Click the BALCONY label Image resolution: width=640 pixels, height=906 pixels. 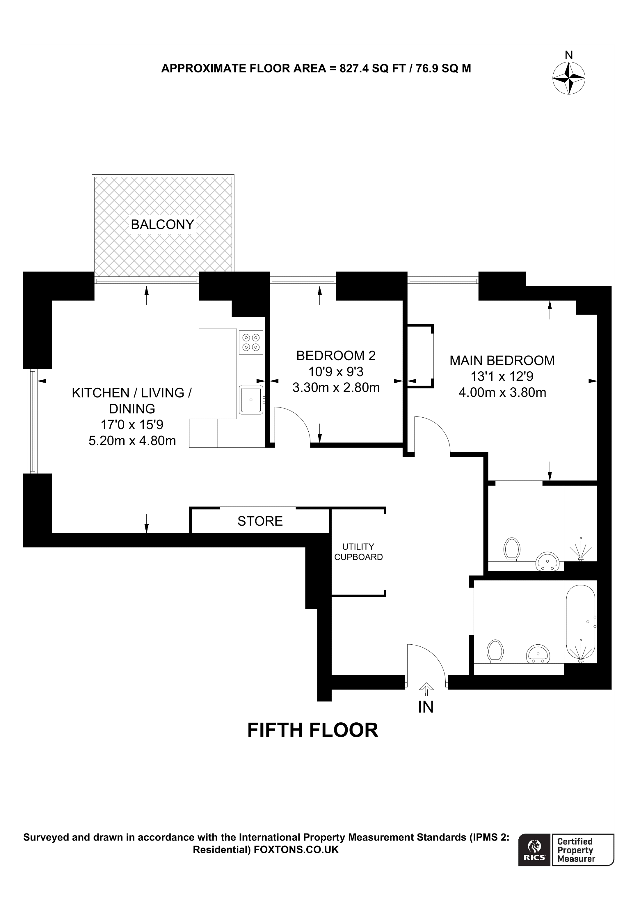tap(162, 224)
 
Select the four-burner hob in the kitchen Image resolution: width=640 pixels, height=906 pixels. tap(251, 342)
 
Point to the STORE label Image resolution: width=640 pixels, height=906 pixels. tap(260, 521)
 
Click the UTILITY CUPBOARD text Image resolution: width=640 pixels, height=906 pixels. tap(358, 552)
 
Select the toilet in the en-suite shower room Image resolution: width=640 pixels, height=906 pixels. tap(512, 549)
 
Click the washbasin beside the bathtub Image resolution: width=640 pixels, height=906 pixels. tap(538, 654)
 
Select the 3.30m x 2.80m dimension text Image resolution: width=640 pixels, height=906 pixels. tap(336, 387)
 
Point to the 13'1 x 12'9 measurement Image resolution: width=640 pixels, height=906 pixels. tap(502, 376)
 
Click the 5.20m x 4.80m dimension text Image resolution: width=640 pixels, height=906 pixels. tap(132, 440)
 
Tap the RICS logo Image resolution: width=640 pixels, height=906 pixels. tap(534, 855)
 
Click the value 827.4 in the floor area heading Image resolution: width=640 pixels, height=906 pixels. tap(354, 69)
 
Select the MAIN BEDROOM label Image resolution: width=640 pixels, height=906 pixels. tap(502, 360)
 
